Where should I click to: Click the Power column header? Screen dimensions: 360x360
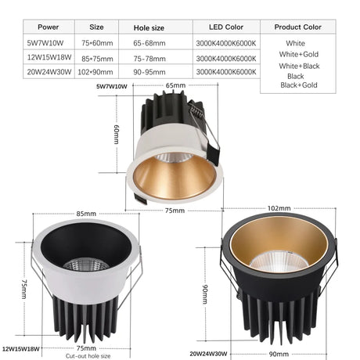pos(49,27)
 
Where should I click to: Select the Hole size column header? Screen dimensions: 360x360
pos(149,28)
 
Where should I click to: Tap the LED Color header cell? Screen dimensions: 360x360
pos(226,27)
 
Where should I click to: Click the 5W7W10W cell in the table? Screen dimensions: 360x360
pos(45,43)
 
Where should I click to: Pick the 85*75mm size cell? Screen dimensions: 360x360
pos(97,59)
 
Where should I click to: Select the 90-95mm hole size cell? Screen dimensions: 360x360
pos(149,72)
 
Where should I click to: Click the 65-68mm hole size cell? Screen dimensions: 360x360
pos(149,43)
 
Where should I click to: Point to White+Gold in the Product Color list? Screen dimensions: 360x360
pos(299,54)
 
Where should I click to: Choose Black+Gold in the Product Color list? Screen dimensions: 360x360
pos(299,85)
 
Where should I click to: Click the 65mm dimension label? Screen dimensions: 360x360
pos(175,85)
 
